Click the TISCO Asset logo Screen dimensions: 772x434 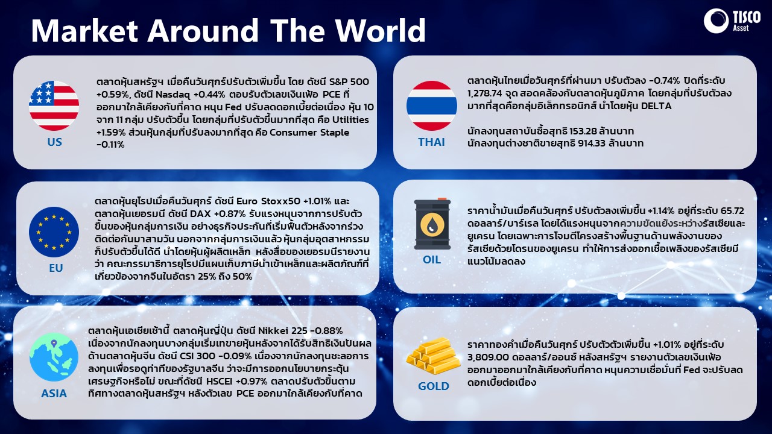pyautogui.click(x=732, y=21)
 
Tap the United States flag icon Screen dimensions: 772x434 pyautogui.click(x=54, y=105)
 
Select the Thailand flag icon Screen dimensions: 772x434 pyautogui.click(x=432, y=105)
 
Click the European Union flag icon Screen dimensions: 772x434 pyautogui.click(x=54, y=232)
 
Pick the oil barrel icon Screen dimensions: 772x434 pyautogui.click(x=432, y=224)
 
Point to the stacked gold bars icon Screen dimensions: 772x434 pyautogui.click(x=433, y=356)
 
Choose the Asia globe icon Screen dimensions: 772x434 pyautogui.click(x=54, y=357)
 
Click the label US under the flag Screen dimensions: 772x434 pyautogui.click(x=54, y=142)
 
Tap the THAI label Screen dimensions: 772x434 pyautogui.click(x=431, y=142)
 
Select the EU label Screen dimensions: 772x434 pyautogui.click(x=56, y=268)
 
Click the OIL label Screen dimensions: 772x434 pyautogui.click(x=432, y=260)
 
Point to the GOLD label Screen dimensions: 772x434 pyautogui.click(x=434, y=386)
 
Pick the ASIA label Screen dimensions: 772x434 pyautogui.click(x=54, y=394)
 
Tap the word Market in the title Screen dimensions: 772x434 pyautogui.click(x=85, y=30)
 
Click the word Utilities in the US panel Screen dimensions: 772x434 pyautogui.click(x=350, y=120)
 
